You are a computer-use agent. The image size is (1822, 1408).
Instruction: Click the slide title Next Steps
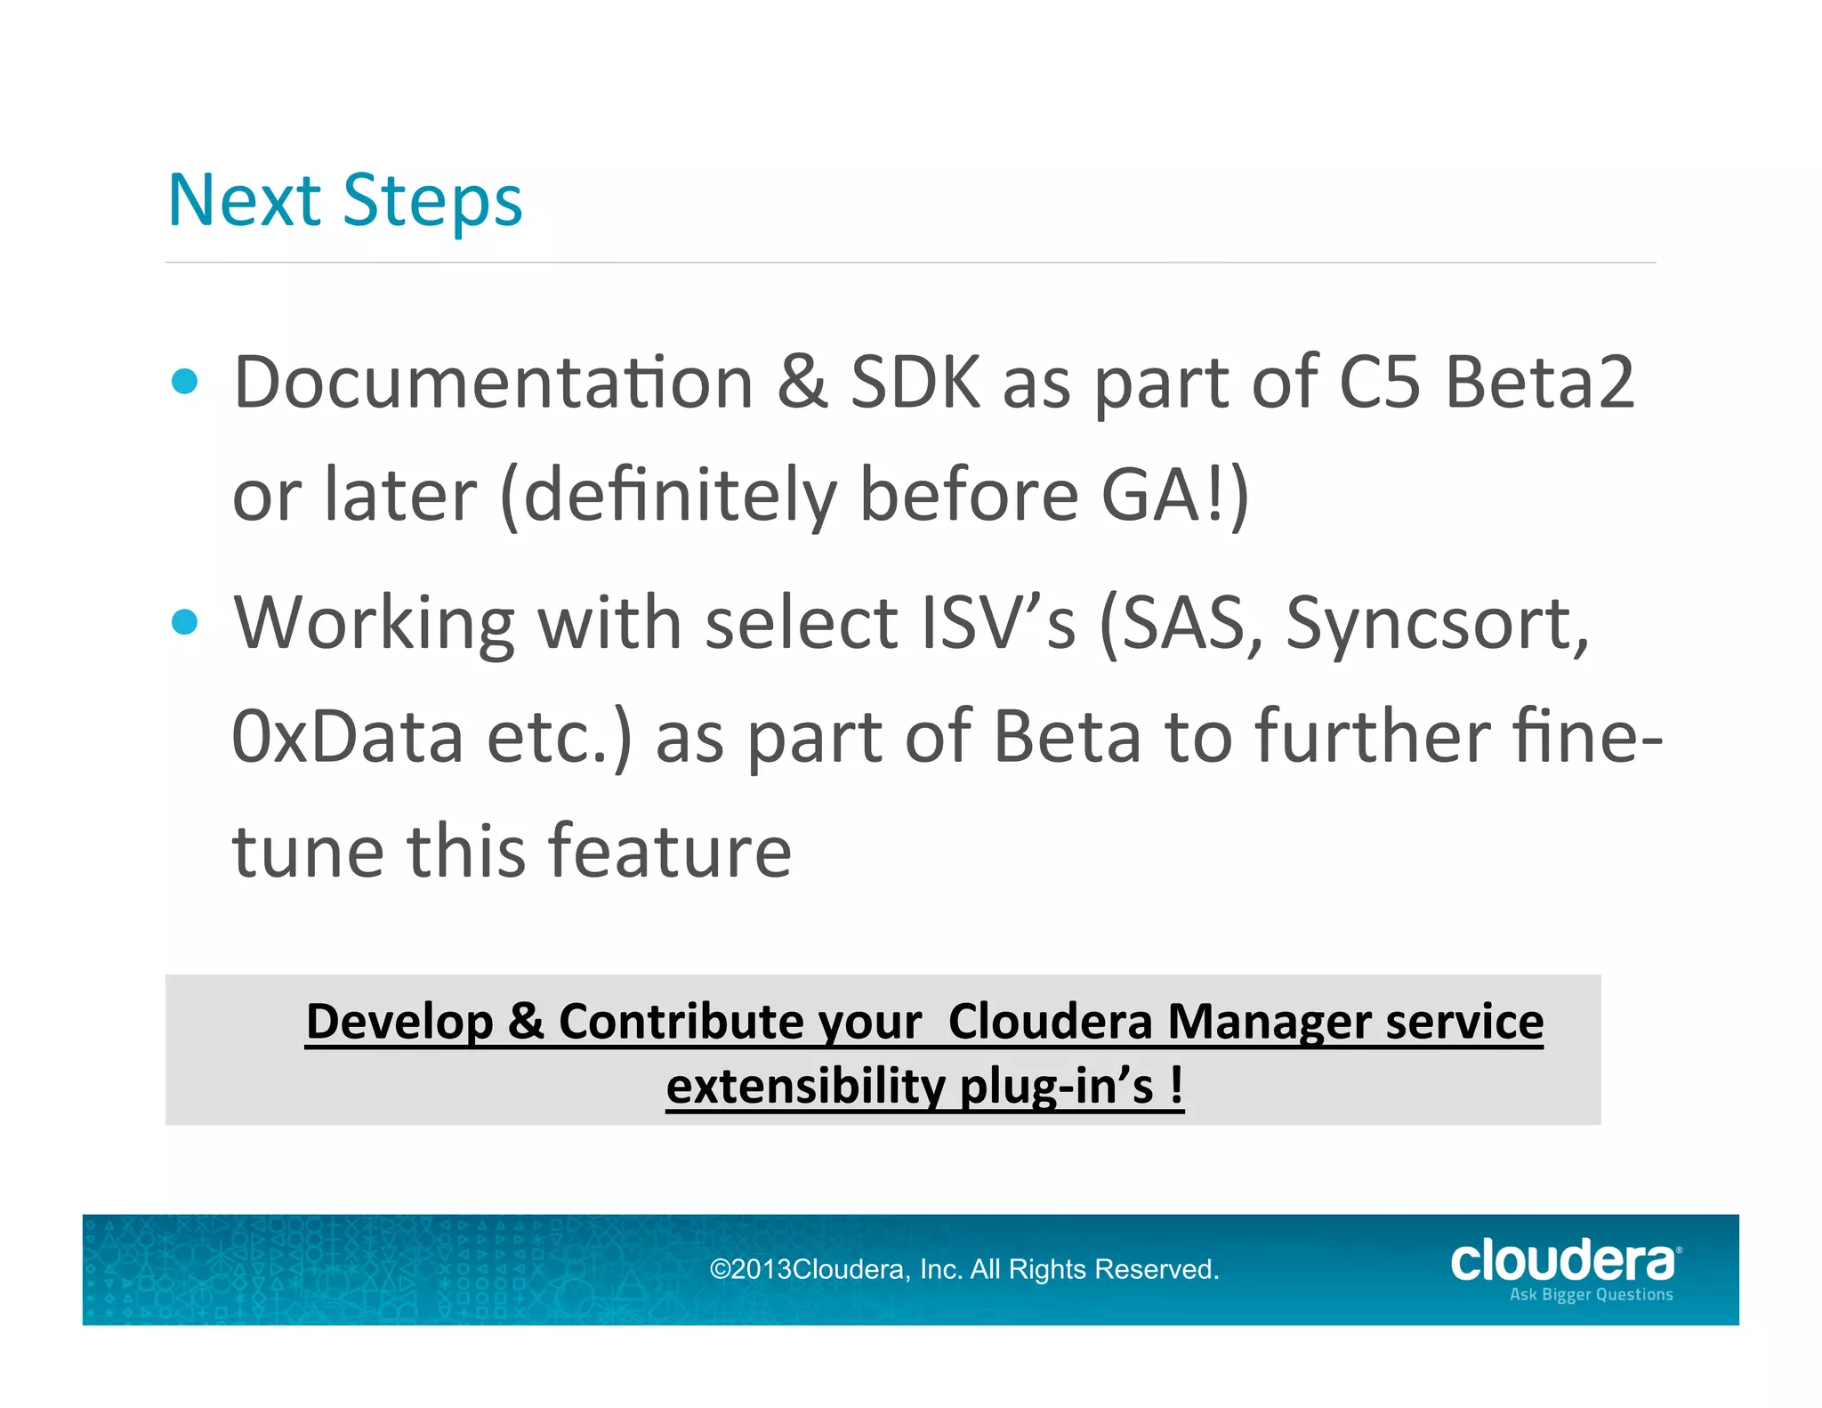coord(344,201)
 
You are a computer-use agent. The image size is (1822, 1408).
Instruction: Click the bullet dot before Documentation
coord(185,382)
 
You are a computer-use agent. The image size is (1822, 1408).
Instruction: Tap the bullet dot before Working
coord(185,622)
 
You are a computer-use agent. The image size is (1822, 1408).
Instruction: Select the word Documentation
coord(494,383)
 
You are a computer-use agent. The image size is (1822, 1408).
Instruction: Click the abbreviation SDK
coord(915,383)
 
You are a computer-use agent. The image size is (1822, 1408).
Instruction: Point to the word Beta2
coord(1539,383)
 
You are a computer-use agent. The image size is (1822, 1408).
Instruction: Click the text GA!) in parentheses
coord(1175,496)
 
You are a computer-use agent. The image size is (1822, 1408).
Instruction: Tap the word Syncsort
coord(1435,625)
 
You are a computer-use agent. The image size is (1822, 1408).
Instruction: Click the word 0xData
coord(348,737)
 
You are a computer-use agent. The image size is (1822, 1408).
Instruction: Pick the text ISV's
coord(997,623)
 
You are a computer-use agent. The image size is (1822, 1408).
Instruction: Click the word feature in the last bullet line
coord(668,851)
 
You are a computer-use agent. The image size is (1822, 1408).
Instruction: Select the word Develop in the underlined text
coord(399,1022)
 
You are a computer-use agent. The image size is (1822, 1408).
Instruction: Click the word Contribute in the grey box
coord(739,1022)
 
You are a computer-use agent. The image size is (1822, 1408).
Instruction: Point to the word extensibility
coord(806,1087)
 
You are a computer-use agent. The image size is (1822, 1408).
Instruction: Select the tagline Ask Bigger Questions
coord(1591,1295)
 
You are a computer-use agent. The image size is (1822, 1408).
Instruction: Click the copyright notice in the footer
coord(963,1269)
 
